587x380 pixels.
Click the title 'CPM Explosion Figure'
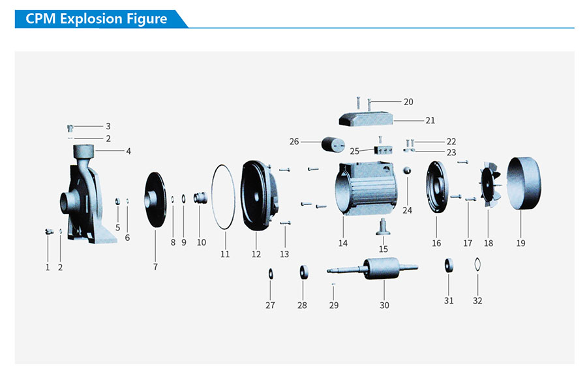pos(97,19)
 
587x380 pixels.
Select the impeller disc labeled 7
pos(155,200)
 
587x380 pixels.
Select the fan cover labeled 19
pos(524,183)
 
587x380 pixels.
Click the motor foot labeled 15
pos(383,228)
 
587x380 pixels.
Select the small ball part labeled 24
pos(408,171)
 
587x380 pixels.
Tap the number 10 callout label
pos(202,242)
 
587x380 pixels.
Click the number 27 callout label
pos(270,305)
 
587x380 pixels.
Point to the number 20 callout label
pos(408,102)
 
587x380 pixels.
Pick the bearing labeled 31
pos(449,265)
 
